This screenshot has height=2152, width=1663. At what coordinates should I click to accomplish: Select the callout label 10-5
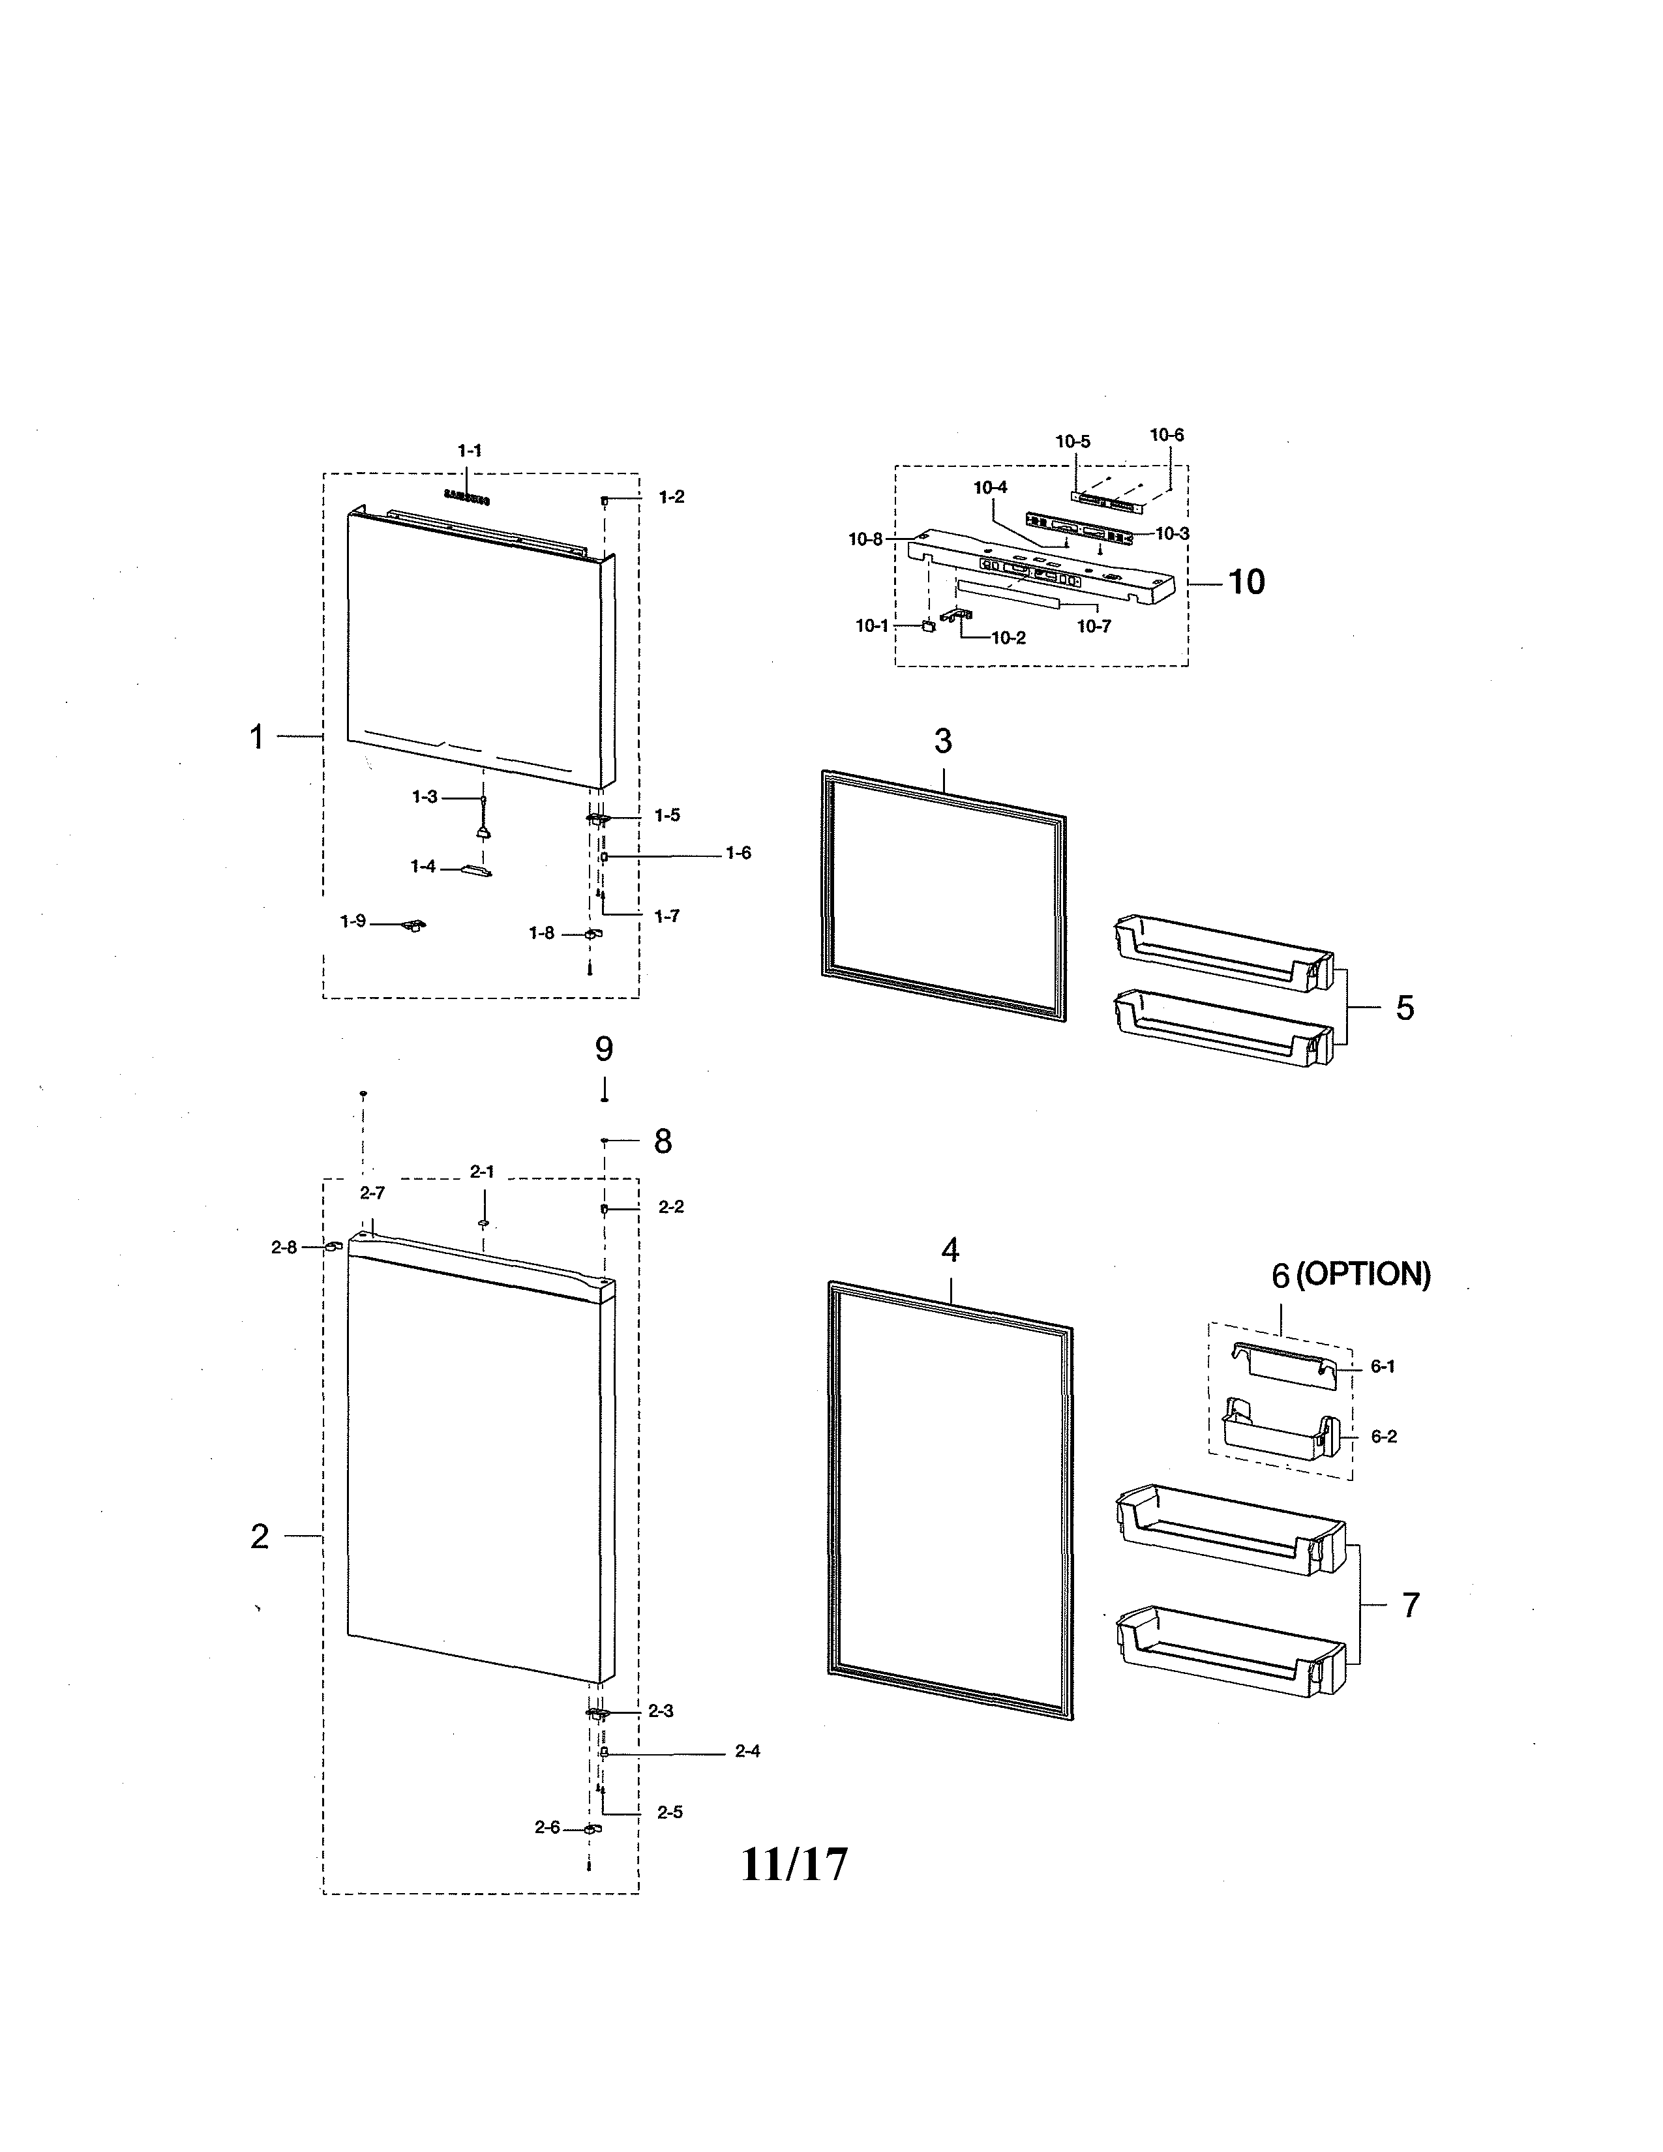tap(1073, 441)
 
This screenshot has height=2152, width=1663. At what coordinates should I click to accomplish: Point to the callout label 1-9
tap(353, 921)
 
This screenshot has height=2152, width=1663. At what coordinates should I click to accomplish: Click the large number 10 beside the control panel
tap(1246, 582)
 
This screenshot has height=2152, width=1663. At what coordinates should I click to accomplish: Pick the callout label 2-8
tap(284, 1248)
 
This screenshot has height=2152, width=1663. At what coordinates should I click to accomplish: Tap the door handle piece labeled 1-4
tap(477, 869)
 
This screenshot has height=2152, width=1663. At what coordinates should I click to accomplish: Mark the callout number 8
tap(663, 1142)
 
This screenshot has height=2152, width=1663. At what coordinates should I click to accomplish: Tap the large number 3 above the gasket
tap(943, 741)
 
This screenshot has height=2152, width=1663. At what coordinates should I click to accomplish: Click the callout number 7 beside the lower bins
tap(1411, 1605)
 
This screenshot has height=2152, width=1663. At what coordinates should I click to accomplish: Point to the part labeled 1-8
tap(592, 934)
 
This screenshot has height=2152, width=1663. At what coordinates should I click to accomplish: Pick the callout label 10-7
tap(1094, 627)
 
